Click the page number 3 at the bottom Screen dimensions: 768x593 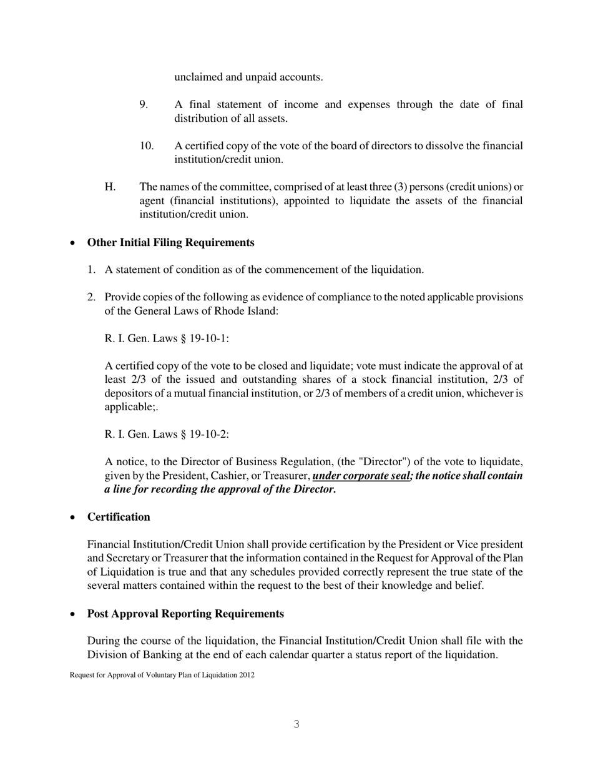[296, 724]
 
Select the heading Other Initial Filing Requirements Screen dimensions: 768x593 [170, 242]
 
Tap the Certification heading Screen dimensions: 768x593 [119, 517]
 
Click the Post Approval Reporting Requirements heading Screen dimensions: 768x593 [185, 614]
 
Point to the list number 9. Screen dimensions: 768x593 [144, 104]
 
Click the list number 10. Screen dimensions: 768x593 [147, 145]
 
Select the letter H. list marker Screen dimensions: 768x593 [110, 187]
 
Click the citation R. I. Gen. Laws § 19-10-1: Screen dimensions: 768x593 [167, 338]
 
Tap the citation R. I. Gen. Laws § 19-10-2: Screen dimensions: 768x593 [167, 435]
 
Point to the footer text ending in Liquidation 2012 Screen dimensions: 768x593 [162, 675]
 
